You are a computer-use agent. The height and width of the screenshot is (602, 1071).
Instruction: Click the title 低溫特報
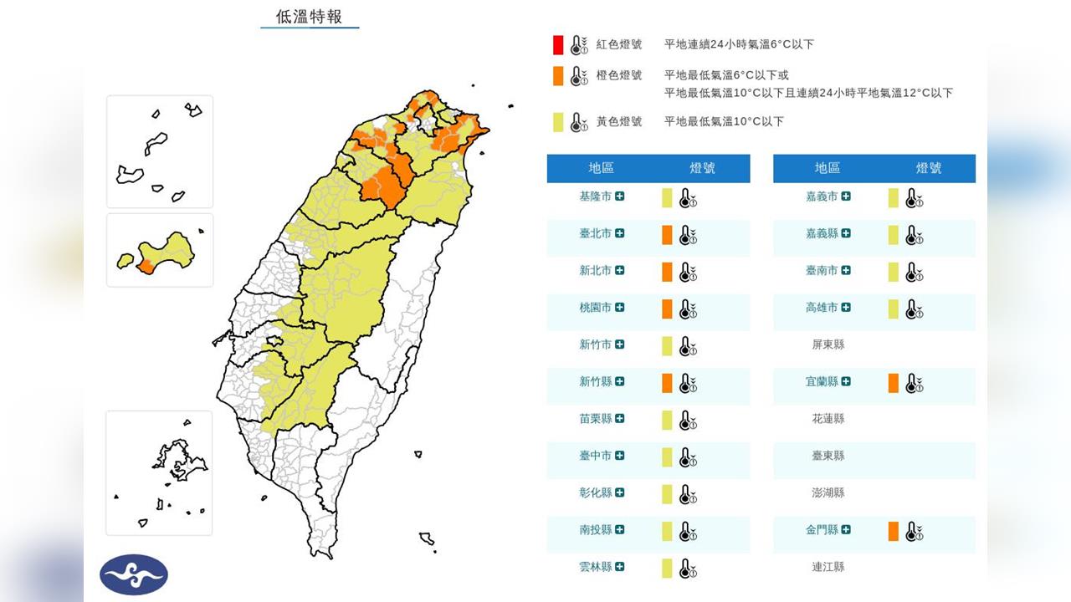tap(310, 17)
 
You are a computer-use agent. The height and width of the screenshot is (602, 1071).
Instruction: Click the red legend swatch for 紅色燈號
tap(558, 45)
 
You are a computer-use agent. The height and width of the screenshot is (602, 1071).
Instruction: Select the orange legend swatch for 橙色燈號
tap(558, 76)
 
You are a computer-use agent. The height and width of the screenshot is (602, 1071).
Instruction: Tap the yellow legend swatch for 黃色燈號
tap(558, 122)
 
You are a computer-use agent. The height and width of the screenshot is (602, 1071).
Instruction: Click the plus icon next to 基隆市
tap(620, 196)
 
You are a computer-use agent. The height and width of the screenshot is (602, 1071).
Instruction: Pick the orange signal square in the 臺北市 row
tap(667, 235)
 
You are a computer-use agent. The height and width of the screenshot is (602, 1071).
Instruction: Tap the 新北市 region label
tap(596, 271)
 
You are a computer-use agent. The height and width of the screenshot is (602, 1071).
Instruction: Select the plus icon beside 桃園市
tap(620, 308)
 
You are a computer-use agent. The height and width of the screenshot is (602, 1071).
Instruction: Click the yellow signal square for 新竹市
tap(667, 345)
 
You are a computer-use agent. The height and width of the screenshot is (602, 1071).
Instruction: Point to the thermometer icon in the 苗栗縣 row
tap(688, 420)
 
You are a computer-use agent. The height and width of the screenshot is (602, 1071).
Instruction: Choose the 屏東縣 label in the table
tap(828, 344)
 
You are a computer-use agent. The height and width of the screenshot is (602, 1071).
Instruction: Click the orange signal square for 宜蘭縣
tap(894, 383)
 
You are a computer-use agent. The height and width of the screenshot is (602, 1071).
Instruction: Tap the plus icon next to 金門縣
tap(847, 529)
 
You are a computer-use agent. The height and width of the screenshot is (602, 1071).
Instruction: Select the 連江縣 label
tap(828, 567)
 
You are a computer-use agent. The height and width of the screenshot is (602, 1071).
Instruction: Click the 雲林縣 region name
tap(596, 567)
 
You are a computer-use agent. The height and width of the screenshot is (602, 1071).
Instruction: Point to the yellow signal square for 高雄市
tap(894, 309)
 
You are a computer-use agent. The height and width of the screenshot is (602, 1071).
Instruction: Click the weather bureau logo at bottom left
tap(134, 574)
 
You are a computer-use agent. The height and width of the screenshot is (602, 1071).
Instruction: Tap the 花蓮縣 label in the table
tap(828, 419)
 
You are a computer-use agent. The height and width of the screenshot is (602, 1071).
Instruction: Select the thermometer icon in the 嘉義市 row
tap(915, 198)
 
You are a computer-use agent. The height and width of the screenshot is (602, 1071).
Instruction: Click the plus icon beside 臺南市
tap(847, 271)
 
